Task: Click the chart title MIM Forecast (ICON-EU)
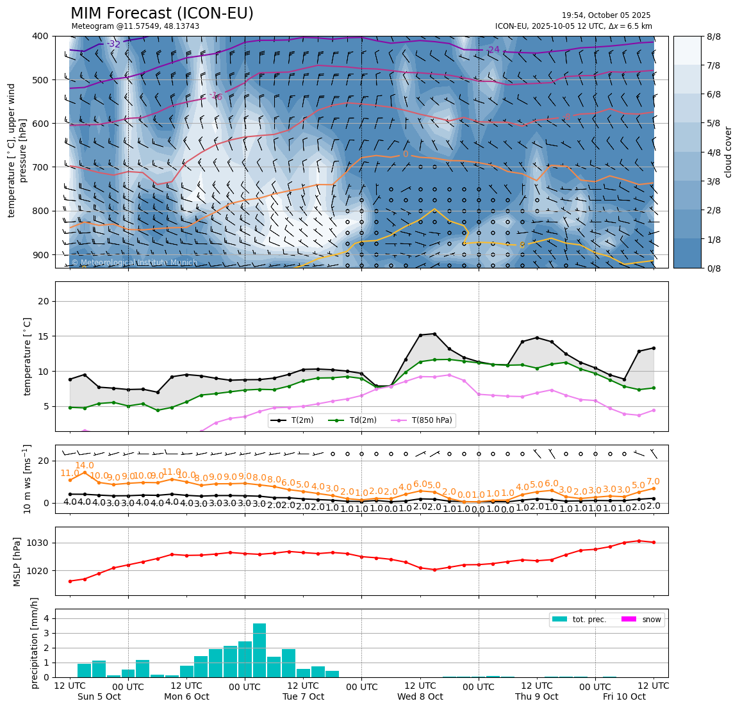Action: pos(161,13)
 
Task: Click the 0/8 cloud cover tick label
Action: pos(714,268)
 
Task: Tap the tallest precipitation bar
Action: pos(259,650)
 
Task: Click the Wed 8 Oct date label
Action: pos(420,696)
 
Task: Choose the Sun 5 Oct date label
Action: pos(99,696)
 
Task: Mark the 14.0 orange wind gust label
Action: pos(85,466)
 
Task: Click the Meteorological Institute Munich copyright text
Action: pos(134,263)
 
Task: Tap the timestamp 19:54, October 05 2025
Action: pos(605,15)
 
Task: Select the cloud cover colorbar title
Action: pos(728,152)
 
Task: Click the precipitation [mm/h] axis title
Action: pos(34,643)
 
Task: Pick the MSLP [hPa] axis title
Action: pos(17,561)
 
